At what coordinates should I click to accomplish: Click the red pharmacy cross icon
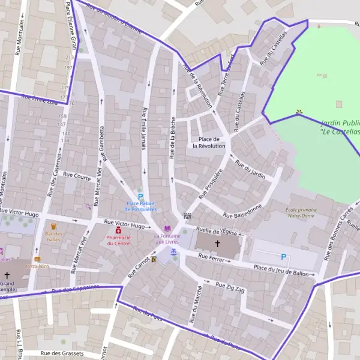point(118,230)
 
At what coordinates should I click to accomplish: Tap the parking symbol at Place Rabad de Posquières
point(140,196)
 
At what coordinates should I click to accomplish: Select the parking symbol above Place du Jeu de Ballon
point(283,257)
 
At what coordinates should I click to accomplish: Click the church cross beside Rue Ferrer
point(217,244)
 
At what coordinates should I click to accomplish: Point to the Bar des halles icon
point(53,227)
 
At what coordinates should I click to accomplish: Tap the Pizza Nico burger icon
point(37,259)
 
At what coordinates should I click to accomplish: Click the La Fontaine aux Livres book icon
point(167,228)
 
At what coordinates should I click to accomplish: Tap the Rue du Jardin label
point(250,168)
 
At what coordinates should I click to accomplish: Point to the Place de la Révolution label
point(209,142)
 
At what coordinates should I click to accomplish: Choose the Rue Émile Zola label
point(38,99)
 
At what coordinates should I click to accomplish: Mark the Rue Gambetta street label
point(103,144)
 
